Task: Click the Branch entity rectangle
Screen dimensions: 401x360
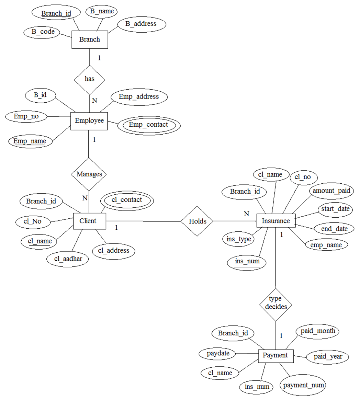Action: pos(90,39)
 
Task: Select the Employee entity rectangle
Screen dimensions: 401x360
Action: pos(89,121)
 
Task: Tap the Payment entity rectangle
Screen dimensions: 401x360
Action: pos(275,356)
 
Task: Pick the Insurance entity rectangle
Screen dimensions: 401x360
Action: pos(276,221)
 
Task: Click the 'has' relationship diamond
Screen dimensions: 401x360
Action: pos(89,79)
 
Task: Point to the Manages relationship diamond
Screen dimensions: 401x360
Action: pos(89,174)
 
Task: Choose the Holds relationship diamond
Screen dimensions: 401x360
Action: pos(197,221)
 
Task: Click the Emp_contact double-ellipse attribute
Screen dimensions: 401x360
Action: pos(148,125)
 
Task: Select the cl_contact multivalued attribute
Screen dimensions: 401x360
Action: pos(126,200)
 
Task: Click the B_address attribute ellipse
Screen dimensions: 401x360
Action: pos(141,24)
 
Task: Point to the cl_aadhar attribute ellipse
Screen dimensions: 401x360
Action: pos(68,259)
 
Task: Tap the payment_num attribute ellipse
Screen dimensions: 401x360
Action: pos(303,385)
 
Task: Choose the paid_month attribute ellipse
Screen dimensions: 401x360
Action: pos(318,332)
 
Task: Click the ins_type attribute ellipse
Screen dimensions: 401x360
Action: pos(239,239)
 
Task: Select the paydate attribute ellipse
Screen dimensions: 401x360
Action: pos(218,353)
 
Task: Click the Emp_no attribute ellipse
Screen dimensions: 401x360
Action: pos(26,116)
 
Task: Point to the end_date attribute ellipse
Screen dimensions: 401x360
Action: pos(334,229)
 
